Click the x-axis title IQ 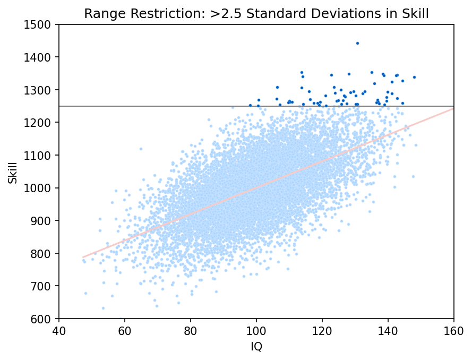256,347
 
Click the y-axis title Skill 13,171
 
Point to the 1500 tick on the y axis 41,24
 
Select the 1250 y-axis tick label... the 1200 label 41,123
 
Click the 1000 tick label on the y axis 41,188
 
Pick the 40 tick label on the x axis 59,330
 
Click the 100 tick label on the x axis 256,330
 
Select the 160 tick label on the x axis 454,330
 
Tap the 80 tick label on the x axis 191,330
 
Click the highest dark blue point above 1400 357,43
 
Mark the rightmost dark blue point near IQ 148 414,77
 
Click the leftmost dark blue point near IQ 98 250,105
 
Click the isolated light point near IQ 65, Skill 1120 141,149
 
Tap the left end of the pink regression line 83,257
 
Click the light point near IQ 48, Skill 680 85,293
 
